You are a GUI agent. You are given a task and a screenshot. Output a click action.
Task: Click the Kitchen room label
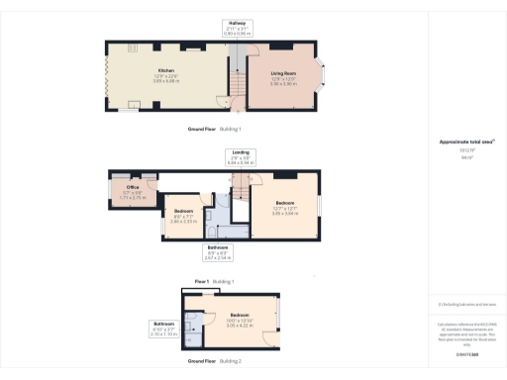165,70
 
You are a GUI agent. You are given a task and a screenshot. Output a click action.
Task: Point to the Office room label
132,186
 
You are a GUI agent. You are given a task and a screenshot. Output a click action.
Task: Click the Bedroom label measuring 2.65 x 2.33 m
183,212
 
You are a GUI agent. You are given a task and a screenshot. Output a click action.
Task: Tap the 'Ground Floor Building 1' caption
215,130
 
